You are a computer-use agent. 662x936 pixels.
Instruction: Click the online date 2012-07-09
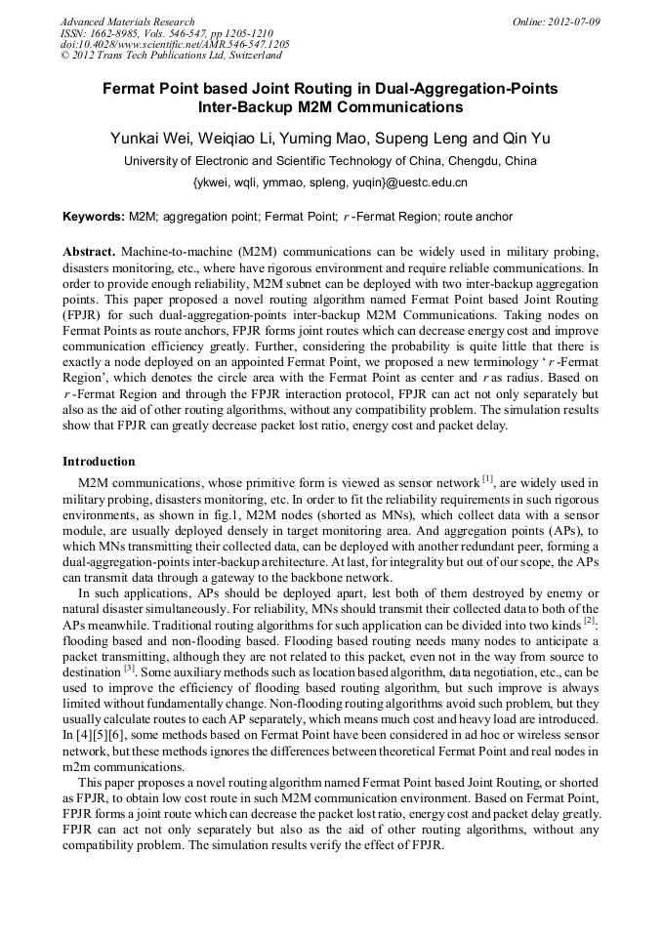pos(574,21)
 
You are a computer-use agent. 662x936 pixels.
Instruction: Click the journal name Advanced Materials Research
pos(128,21)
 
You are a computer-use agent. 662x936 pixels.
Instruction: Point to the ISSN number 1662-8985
pos(124,32)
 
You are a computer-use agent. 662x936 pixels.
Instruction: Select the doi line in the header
pos(175,44)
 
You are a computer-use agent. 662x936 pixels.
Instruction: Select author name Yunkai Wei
pos(152,139)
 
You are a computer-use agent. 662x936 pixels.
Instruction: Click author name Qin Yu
pos(527,139)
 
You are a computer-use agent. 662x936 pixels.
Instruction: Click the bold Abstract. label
pos(90,251)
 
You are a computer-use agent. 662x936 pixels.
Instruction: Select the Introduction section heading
pos(99,461)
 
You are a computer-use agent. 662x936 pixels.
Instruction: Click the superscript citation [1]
pos(488,478)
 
